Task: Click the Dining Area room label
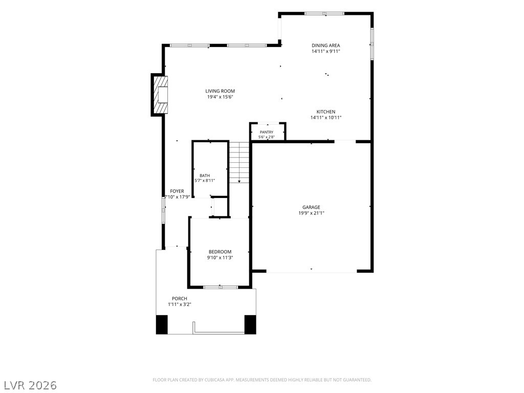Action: coord(326,46)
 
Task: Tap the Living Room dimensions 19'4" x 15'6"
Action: coord(220,97)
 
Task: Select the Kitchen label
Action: coord(326,112)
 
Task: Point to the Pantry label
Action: coord(267,132)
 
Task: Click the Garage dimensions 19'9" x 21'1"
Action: coord(312,213)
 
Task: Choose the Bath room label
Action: coord(205,176)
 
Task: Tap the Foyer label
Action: coord(177,191)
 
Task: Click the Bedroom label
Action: coord(220,252)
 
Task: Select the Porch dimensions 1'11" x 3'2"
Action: coord(180,304)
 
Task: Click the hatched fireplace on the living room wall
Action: coord(160,95)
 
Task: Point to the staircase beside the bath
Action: coord(239,162)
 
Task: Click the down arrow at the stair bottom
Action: coord(239,181)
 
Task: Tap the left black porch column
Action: coord(162,324)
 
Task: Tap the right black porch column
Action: coord(250,324)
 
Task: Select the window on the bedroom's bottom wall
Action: coord(221,287)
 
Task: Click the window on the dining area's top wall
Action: coord(324,14)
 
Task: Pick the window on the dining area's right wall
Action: coord(372,44)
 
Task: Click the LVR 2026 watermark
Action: coord(29,385)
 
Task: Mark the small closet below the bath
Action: coord(220,207)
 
